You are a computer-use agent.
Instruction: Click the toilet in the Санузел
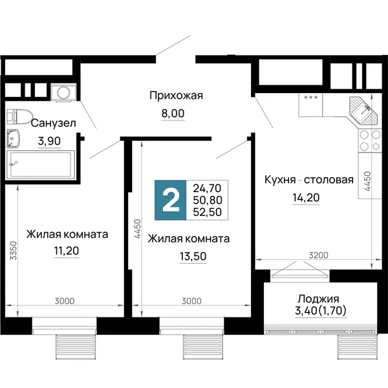click(20, 116)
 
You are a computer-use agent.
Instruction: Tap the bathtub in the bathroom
click(40, 164)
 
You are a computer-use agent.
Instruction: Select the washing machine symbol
click(63, 92)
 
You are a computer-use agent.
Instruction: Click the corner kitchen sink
click(364, 111)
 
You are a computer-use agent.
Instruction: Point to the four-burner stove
click(370, 141)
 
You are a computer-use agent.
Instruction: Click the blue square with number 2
click(171, 200)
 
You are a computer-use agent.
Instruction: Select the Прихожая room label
click(176, 96)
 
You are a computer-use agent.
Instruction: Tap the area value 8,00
click(173, 114)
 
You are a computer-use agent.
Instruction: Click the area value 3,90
click(49, 141)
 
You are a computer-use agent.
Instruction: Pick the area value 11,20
click(67, 251)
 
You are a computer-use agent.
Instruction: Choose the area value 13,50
click(193, 257)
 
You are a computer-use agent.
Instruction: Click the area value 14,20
click(306, 198)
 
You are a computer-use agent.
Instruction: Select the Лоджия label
click(318, 299)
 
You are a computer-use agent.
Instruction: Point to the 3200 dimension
click(318, 255)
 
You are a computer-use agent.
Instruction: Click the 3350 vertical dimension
click(14, 251)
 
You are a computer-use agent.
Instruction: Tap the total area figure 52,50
click(208, 212)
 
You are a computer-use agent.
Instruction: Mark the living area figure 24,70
click(207, 189)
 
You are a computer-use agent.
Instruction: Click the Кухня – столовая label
click(309, 180)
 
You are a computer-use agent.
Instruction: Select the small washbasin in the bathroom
click(14, 138)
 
